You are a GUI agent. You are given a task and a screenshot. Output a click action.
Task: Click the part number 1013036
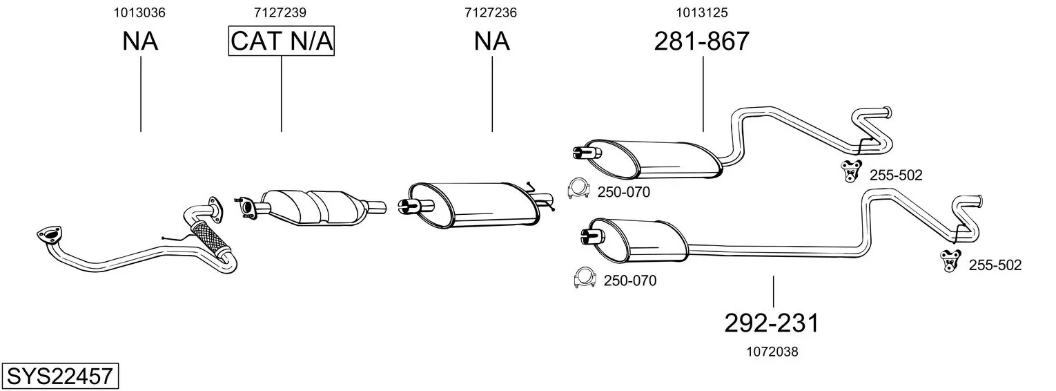click(141, 12)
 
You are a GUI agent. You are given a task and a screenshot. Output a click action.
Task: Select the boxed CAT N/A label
click(282, 41)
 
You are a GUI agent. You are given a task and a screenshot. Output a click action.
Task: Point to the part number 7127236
click(491, 12)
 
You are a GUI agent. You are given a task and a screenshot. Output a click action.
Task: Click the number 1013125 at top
click(703, 12)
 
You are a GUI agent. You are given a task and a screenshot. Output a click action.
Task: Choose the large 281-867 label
click(702, 41)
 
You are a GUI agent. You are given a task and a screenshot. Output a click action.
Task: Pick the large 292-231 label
click(772, 323)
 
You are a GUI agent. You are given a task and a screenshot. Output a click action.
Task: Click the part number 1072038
click(772, 352)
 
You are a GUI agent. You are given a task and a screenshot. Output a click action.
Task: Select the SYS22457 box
click(59, 376)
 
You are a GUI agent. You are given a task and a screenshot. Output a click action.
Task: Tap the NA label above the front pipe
click(141, 41)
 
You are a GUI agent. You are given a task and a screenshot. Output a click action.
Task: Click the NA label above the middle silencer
click(491, 41)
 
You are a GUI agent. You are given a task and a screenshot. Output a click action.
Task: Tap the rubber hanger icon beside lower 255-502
click(950, 260)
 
